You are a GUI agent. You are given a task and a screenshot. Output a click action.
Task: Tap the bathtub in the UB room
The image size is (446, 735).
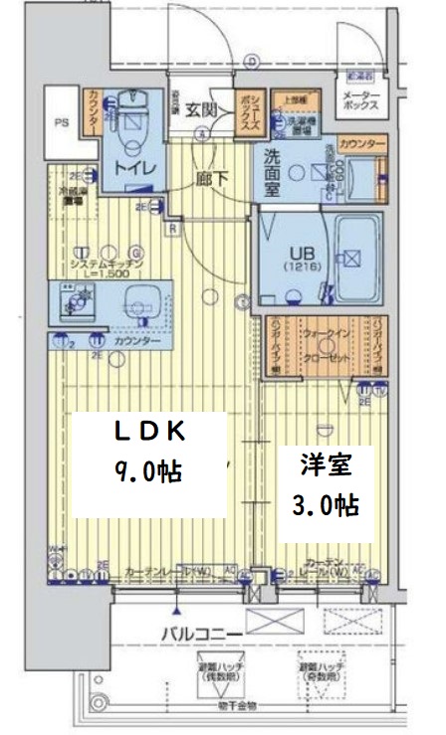353,258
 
